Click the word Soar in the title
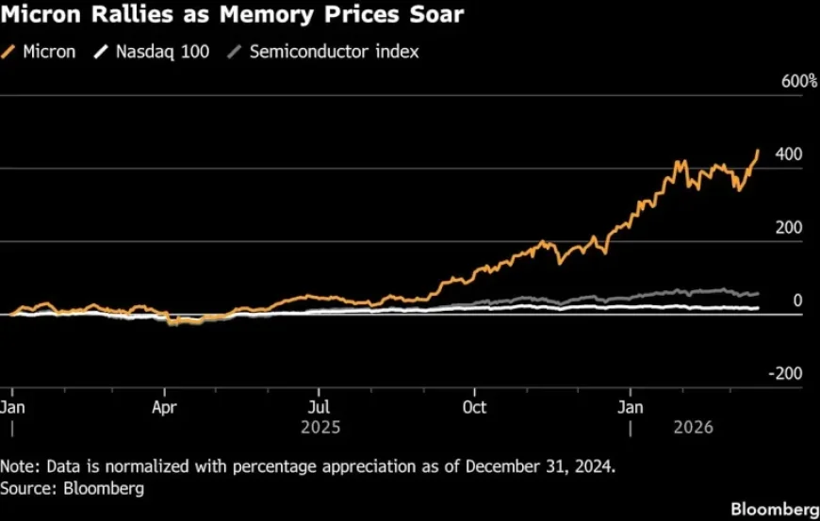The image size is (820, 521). (431, 16)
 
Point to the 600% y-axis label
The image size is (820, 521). (799, 82)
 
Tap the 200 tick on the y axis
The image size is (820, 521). (790, 227)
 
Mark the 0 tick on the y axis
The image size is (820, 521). (797, 301)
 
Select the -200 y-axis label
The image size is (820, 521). (786, 373)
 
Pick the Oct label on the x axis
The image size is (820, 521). (474, 407)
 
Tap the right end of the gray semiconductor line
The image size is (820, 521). (759, 294)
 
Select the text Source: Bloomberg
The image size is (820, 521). (59, 488)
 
